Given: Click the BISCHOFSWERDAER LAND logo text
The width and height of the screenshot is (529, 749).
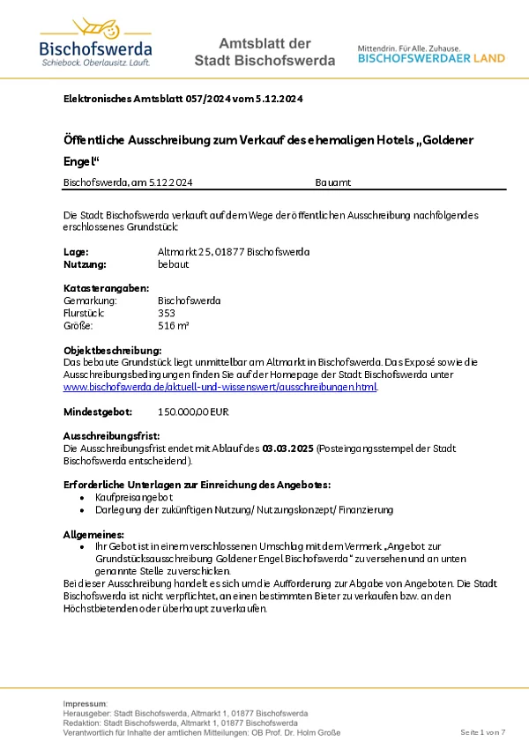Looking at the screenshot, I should point(431,58).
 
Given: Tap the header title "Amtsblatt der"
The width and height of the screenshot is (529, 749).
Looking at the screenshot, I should point(264,43).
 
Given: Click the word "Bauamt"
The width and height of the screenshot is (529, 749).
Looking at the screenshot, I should point(332,182).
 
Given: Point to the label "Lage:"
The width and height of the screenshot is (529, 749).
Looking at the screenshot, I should point(76,252).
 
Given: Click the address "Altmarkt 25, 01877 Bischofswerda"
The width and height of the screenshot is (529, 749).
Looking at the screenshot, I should point(233,252).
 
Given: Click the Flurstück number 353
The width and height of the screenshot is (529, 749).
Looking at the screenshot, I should point(166,313).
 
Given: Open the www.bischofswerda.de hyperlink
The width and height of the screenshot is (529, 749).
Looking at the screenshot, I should point(220,387).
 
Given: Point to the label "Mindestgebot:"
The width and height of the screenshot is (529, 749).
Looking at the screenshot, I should point(98,412).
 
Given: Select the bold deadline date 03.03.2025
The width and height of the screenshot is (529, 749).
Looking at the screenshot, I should point(288,449).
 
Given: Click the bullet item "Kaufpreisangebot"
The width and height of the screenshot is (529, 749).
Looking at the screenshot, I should point(133,497).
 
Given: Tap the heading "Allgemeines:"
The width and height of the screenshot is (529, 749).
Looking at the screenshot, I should point(93,534).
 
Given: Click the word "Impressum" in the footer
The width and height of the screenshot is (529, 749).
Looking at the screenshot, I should point(85,703).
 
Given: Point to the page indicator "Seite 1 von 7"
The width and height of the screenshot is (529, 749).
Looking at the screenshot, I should point(483,733).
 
